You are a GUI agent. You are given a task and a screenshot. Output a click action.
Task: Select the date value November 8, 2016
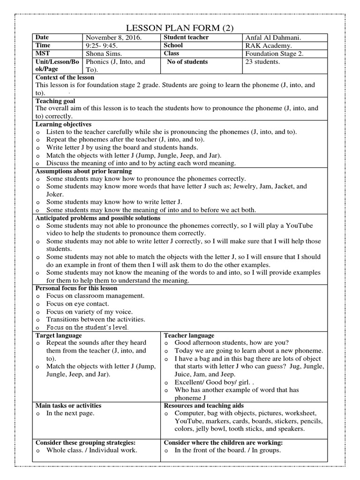(x=113, y=37)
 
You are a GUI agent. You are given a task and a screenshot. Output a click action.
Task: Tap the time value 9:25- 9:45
(x=102, y=45)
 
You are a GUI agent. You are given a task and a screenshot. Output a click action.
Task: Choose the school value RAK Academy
(x=268, y=45)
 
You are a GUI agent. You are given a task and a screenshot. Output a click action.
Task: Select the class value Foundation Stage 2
(x=274, y=53)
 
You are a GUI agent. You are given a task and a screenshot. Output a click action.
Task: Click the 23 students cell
(x=262, y=62)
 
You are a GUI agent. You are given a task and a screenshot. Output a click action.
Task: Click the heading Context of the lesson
(x=65, y=77)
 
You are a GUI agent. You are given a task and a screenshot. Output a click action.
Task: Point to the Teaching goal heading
(x=55, y=101)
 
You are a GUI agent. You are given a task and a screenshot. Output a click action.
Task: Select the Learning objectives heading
(x=63, y=124)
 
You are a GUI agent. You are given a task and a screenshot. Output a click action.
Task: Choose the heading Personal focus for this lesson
(x=76, y=288)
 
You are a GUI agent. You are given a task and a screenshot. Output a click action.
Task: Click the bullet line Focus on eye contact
(x=77, y=304)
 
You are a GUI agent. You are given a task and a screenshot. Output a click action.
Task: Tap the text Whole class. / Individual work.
(x=91, y=450)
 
